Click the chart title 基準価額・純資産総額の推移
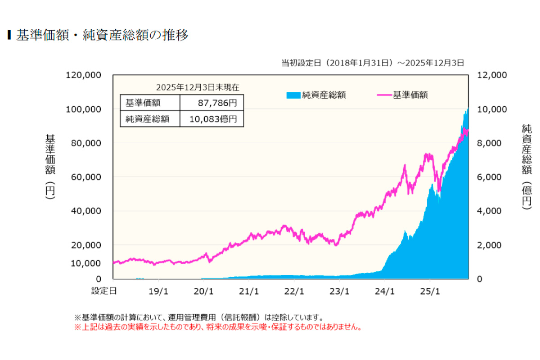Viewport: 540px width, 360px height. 103,36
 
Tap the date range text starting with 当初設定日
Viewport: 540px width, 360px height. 372,63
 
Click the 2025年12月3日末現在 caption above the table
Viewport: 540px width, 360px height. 198,87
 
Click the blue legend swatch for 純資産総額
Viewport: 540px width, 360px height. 292,95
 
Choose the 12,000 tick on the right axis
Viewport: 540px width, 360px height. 492,75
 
